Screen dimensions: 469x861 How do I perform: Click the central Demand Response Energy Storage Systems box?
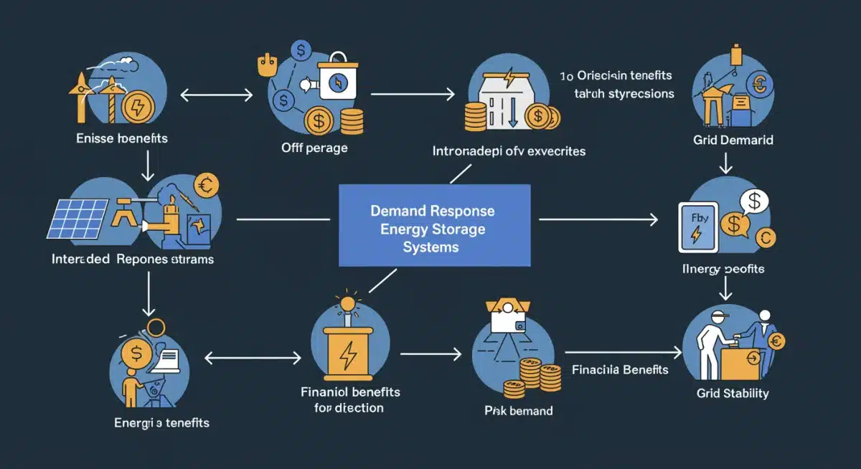point(434,225)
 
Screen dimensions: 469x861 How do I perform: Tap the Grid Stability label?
point(733,393)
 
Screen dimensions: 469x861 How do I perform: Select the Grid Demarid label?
point(733,140)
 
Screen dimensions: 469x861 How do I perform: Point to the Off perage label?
point(314,148)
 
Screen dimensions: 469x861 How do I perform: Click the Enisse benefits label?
point(121,138)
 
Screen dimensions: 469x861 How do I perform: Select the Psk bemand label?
point(519,411)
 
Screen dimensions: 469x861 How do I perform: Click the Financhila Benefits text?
point(620,370)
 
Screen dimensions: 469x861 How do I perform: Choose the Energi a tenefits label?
point(161,422)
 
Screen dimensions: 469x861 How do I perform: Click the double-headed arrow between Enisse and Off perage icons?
point(217,94)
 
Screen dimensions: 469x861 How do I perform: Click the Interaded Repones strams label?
point(133,259)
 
